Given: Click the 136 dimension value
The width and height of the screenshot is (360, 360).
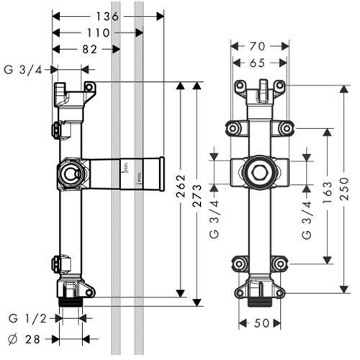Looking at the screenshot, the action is pyautogui.click(x=107, y=17).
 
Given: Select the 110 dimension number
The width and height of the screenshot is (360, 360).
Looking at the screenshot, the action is pyautogui.click(x=98, y=33).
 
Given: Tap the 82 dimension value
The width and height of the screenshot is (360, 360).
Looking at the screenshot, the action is pyautogui.click(x=89, y=50).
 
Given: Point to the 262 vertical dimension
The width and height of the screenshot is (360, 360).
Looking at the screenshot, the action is pyautogui.click(x=181, y=186).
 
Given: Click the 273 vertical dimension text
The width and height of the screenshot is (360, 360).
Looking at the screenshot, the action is pyautogui.click(x=197, y=195).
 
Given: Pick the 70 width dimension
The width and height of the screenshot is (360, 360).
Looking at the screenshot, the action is pyautogui.click(x=257, y=46).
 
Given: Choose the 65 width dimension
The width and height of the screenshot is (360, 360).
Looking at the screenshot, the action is pyautogui.click(x=257, y=63).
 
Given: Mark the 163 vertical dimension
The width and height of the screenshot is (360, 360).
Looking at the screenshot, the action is pyautogui.click(x=328, y=193).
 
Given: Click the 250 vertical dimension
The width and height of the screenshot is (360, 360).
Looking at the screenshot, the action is pyautogui.click(x=343, y=189).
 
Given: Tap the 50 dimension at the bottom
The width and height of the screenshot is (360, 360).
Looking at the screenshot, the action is pyautogui.click(x=261, y=323).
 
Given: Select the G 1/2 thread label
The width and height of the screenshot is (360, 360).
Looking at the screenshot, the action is pyautogui.click(x=27, y=319).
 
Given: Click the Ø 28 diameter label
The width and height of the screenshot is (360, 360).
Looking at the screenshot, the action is pyautogui.click(x=24, y=340).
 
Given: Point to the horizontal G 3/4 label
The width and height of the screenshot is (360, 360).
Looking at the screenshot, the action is pyautogui.click(x=23, y=70).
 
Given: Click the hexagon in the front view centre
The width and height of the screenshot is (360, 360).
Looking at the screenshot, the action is pyautogui.click(x=259, y=172).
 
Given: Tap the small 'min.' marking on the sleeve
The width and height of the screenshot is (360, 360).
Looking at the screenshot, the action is pyautogui.click(x=125, y=167).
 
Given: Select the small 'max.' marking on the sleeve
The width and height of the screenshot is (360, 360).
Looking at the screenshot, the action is pyautogui.click(x=139, y=179).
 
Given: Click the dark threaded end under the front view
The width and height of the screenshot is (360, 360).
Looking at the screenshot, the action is pyautogui.click(x=259, y=302).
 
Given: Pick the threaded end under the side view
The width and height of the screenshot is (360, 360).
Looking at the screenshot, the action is pyautogui.click(x=71, y=302).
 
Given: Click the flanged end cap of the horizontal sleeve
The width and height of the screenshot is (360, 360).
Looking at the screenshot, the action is pyautogui.click(x=162, y=174).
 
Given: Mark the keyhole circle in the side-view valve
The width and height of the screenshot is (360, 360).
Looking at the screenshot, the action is pyautogui.click(x=70, y=174).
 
